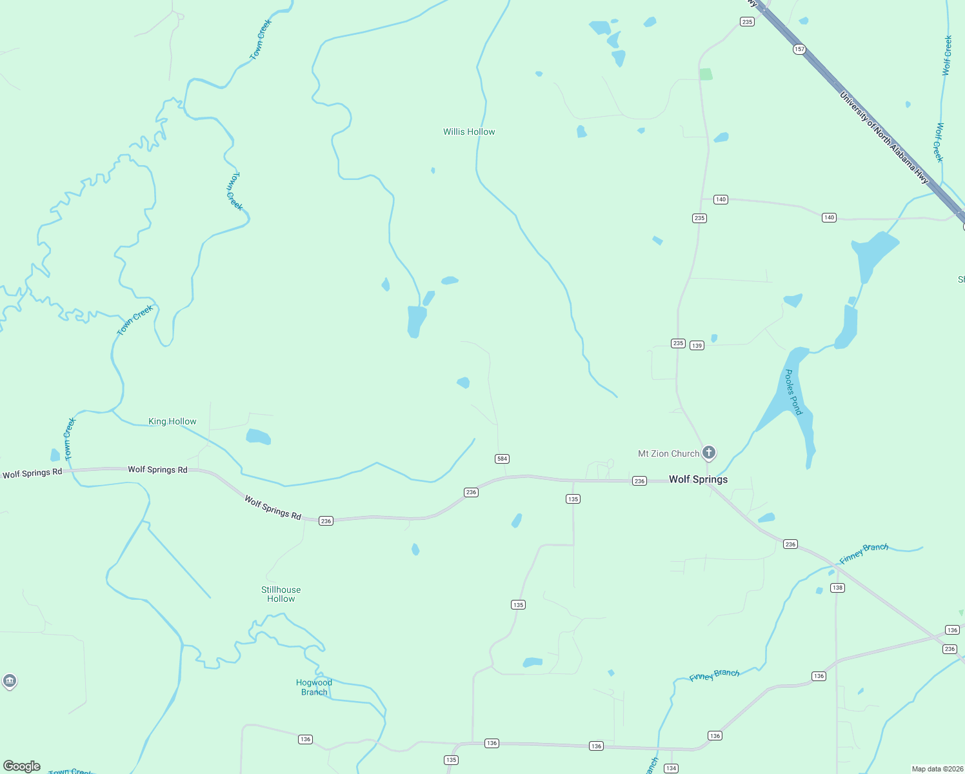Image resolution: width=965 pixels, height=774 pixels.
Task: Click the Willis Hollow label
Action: [x=469, y=132]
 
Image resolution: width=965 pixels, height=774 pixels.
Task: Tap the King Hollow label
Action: [x=172, y=421]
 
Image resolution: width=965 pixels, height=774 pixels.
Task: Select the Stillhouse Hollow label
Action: [x=281, y=594]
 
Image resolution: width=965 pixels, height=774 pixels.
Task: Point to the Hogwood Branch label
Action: [x=314, y=687]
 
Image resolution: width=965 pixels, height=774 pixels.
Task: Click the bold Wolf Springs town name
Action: [x=698, y=479]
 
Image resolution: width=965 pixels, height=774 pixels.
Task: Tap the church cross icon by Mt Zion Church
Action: [x=708, y=453]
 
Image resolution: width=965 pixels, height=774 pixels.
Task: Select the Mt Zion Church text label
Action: [x=668, y=453]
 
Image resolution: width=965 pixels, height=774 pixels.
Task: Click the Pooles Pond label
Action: [x=793, y=392]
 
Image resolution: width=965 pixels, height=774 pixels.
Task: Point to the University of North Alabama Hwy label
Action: [x=883, y=137]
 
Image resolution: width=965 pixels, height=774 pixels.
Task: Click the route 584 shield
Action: [x=502, y=459]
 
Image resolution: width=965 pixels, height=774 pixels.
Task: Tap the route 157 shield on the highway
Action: [x=799, y=49]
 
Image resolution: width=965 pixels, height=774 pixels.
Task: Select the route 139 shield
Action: [x=697, y=346]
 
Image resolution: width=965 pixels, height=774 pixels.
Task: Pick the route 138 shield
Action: [x=837, y=588]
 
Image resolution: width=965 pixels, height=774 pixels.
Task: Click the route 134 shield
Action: [x=671, y=768]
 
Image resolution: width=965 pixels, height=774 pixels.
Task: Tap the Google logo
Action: [x=22, y=766]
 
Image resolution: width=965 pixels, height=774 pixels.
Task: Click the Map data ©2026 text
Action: [x=937, y=769]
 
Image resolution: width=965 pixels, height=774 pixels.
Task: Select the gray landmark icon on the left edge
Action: [x=9, y=681]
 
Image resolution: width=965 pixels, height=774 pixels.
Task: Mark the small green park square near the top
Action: [x=706, y=74]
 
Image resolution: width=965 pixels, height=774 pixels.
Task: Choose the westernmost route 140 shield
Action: [x=721, y=199]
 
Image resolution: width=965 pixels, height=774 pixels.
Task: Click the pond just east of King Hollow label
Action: [x=258, y=437]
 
